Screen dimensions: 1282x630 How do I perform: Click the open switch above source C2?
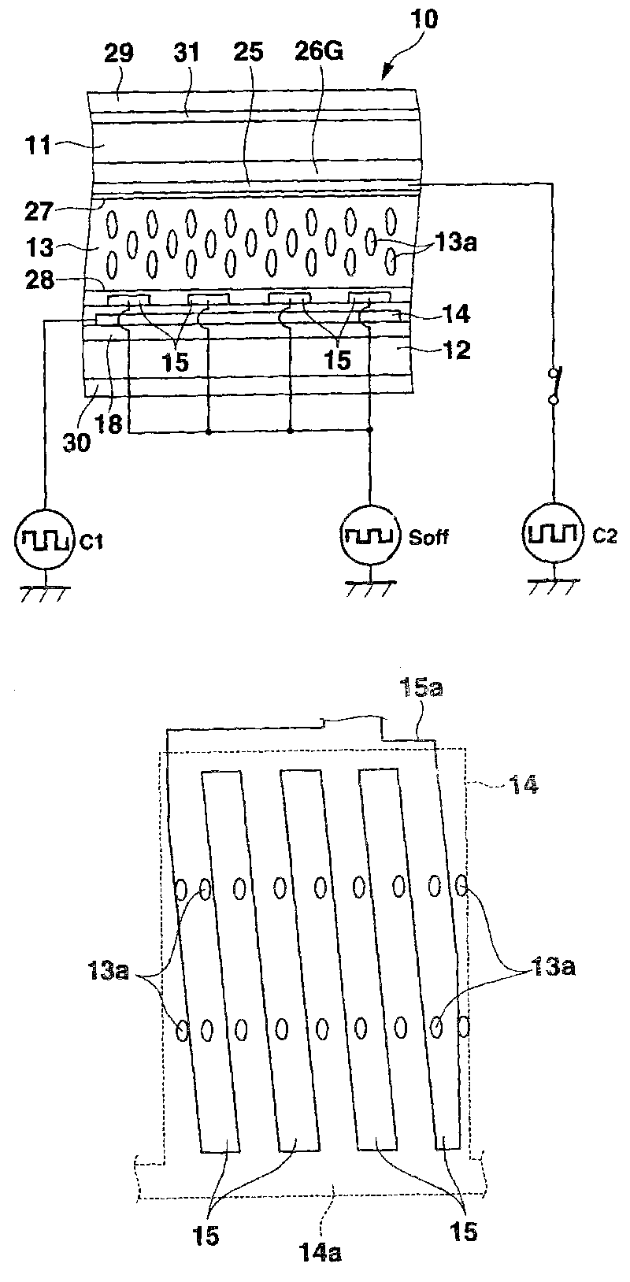coord(553,387)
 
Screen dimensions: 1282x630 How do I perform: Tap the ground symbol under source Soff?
coord(368,588)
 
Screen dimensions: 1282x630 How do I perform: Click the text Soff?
coord(430,537)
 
